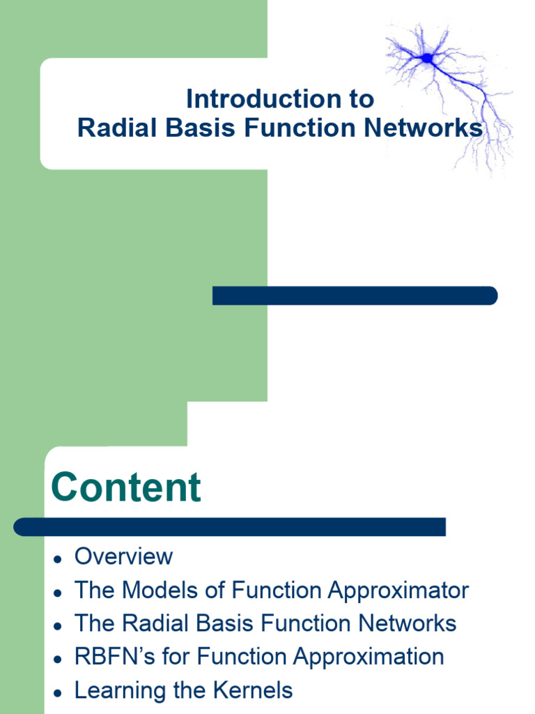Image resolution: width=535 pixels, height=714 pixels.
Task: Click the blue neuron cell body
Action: coord(428,60)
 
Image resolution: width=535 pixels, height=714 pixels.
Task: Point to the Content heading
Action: coord(126,487)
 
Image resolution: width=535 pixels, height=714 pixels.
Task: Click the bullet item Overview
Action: coord(123,556)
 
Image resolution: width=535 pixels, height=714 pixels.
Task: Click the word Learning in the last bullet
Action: coord(121,690)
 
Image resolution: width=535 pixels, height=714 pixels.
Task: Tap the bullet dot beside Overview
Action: coord(59,559)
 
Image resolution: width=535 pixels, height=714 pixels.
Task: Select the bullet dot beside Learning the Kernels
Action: coord(59,693)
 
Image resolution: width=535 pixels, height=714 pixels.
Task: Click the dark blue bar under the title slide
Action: coord(355,296)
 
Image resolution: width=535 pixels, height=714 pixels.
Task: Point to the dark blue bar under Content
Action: coord(230,527)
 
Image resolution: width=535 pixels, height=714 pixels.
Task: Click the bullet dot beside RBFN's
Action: coord(59,659)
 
